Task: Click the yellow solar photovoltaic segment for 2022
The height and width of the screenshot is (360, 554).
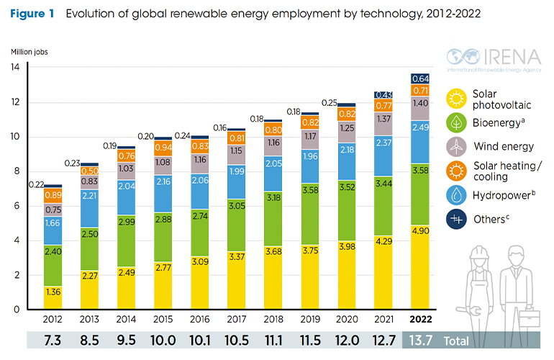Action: [421, 266]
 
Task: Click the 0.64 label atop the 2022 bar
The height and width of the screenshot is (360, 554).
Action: [421, 78]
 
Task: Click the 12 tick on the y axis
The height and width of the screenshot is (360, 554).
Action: [15, 102]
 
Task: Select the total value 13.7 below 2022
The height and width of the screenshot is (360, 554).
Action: [422, 341]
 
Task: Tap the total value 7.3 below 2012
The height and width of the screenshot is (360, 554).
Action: [53, 341]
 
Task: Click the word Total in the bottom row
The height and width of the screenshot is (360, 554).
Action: [456, 341]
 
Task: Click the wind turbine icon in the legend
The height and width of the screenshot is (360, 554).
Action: [456, 146]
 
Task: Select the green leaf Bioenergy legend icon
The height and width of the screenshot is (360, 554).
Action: [456, 121]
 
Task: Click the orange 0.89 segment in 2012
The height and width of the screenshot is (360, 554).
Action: [53, 195]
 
